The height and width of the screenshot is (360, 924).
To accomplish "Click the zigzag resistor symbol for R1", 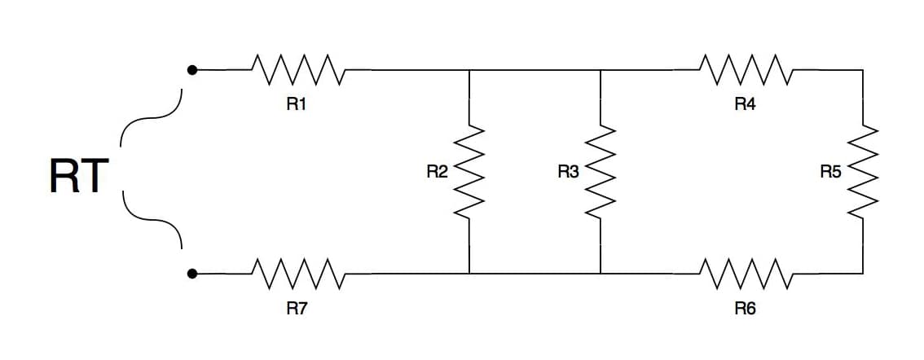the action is [298, 69].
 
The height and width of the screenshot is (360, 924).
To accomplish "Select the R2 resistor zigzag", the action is [469, 172].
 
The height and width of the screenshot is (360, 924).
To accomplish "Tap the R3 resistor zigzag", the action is [600, 172].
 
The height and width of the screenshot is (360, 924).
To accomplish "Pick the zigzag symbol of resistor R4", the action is [746, 69].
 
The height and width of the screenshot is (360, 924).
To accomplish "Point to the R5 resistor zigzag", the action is [863, 172].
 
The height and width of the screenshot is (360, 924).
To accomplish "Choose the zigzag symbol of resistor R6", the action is [746, 274].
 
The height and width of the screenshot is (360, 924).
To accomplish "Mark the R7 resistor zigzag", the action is [298, 274].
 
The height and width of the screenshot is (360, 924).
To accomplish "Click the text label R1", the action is [297, 104].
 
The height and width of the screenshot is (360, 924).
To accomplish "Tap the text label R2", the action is [438, 172].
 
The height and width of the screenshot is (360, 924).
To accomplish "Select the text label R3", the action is [568, 172].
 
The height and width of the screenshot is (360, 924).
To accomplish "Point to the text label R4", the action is [745, 104].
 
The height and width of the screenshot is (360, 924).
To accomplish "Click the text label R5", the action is [831, 172].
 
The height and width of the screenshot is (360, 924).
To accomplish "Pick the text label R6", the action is [745, 308].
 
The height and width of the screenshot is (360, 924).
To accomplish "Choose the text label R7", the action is [297, 308].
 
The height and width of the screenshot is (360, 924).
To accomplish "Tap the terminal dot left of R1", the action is [191, 70].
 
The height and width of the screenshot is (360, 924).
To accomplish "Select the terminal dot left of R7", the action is [191, 274].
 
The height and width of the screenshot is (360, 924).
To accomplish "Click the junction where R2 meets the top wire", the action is [469, 69].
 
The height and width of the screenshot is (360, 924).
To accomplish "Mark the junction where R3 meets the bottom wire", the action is [600, 274].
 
